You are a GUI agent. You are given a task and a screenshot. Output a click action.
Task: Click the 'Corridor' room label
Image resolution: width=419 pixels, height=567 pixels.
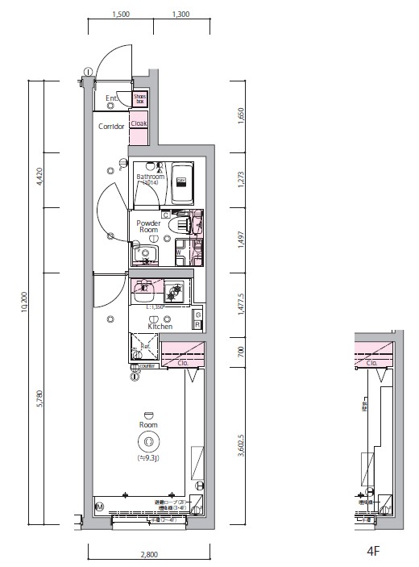point(111,127)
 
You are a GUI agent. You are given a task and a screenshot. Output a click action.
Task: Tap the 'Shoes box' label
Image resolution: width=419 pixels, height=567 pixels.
point(140,100)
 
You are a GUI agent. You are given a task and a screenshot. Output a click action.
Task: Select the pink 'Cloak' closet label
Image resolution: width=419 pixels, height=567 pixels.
point(139,124)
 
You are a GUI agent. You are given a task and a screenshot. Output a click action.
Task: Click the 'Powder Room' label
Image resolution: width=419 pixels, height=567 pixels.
point(147,226)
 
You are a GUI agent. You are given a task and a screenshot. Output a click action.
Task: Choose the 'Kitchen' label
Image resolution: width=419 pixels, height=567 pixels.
point(160,327)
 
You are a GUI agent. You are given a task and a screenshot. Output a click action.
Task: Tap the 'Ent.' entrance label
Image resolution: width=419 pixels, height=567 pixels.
point(112,99)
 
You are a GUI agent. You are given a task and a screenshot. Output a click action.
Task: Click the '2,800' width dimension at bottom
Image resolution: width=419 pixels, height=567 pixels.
point(149,554)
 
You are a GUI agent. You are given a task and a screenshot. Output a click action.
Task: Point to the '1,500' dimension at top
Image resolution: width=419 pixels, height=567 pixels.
point(121,14)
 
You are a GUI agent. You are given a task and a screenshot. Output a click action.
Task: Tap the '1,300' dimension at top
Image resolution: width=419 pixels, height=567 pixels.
point(180,14)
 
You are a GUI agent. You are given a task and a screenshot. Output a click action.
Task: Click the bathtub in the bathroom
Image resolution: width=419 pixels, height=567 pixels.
point(181,183)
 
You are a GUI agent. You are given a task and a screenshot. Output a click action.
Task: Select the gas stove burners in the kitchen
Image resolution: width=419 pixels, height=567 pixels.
point(175,290)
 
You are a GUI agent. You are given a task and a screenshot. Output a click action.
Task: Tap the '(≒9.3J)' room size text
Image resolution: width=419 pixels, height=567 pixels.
point(147,459)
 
